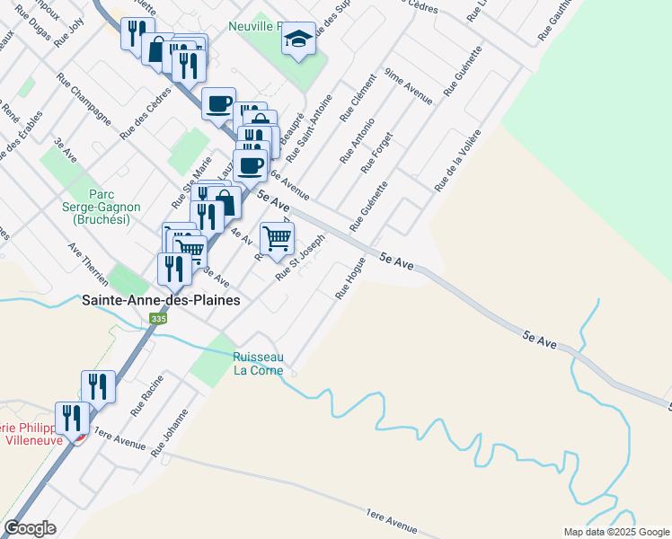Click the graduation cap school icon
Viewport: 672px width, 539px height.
(x=298, y=40)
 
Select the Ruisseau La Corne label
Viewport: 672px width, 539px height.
(x=259, y=362)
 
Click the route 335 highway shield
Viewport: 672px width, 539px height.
(x=159, y=319)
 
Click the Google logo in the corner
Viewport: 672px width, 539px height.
(x=30, y=528)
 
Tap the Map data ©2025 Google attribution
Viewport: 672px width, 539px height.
(x=615, y=532)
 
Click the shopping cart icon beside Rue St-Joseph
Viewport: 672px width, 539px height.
(x=277, y=238)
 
